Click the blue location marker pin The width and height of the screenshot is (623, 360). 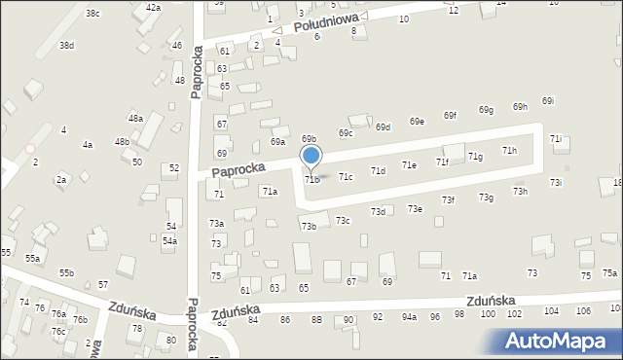[x=311, y=156]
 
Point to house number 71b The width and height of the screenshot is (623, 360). [x=311, y=179]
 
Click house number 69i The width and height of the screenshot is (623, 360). [x=548, y=101]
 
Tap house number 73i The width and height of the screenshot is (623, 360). [x=555, y=182]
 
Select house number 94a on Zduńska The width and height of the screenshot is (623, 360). [x=409, y=317]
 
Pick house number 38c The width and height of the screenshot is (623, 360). [x=92, y=13]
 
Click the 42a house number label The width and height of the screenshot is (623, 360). [x=153, y=7]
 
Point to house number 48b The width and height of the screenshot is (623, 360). [x=122, y=141]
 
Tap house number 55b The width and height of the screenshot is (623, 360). [x=66, y=273]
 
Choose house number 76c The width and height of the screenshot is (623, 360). [x=58, y=331]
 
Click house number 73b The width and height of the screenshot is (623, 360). [x=309, y=227]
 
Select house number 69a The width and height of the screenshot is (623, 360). [x=278, y=142]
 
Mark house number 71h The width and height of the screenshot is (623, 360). [x=509, y=151]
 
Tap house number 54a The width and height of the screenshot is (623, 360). [x=169, y=240]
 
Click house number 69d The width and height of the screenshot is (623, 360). [x=383, y=127]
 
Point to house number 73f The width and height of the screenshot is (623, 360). [x=448, y=199]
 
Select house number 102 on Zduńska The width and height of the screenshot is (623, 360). [x=514, y=313]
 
